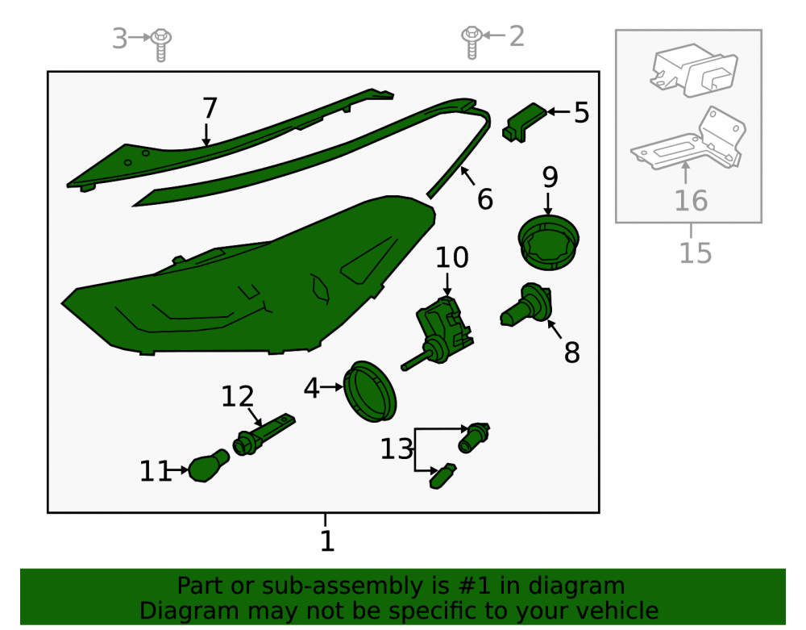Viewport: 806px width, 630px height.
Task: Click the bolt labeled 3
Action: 161,44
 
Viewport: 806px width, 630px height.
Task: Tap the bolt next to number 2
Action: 472,42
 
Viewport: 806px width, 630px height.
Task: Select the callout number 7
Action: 210,109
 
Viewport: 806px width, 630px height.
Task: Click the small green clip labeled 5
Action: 523,123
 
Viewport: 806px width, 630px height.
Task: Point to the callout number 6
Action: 485,199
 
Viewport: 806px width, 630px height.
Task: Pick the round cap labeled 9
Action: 548,243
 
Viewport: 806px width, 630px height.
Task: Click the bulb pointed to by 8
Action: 526,305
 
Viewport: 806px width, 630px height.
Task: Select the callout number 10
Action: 452,257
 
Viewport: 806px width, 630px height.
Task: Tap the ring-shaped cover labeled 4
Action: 370,391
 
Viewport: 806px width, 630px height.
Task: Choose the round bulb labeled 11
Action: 209,465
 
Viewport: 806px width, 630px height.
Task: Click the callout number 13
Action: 397,449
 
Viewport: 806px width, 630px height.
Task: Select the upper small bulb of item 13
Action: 473,438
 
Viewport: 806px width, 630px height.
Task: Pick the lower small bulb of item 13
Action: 442,476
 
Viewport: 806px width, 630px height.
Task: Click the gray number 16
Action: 692,201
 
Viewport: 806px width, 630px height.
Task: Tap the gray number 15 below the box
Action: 696,253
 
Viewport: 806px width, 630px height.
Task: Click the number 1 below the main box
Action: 327,541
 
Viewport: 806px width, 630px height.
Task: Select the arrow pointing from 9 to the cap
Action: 548,204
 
